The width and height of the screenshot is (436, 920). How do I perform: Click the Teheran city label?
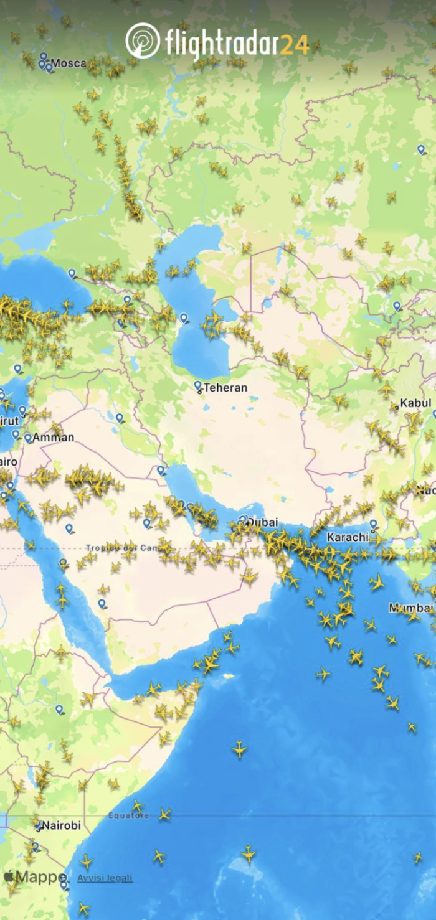[x=225, y=388]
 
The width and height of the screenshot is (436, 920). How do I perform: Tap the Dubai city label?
[x=262, y=523]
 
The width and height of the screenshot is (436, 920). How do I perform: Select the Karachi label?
[x=348, y=537]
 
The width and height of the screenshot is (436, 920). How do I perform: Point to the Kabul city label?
[x=415, y=403]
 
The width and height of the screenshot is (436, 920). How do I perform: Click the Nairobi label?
[x=61, y=825]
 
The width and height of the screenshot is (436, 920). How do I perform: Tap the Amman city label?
[x=53, y=438]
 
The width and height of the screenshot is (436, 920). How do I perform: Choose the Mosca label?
[x=68, y=63]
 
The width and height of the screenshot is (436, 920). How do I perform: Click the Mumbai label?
[x=411, y=608]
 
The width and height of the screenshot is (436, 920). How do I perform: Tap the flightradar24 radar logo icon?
[x=143, y=41]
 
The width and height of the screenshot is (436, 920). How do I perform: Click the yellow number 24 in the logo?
[x=294, y=44]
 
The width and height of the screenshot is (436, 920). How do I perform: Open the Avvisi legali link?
[x=105, y=878]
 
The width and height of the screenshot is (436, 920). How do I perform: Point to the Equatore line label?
[x=128, y=815]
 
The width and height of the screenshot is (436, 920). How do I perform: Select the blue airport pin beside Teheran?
[x=197, y=385]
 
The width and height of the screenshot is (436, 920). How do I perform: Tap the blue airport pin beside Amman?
[x=28, y=438]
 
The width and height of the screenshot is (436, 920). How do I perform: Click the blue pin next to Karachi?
[x=374, y=525]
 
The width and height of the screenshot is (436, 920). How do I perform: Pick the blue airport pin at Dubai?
[x=243, y=519]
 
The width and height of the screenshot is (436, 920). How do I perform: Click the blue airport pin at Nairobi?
[x=38, y=826]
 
